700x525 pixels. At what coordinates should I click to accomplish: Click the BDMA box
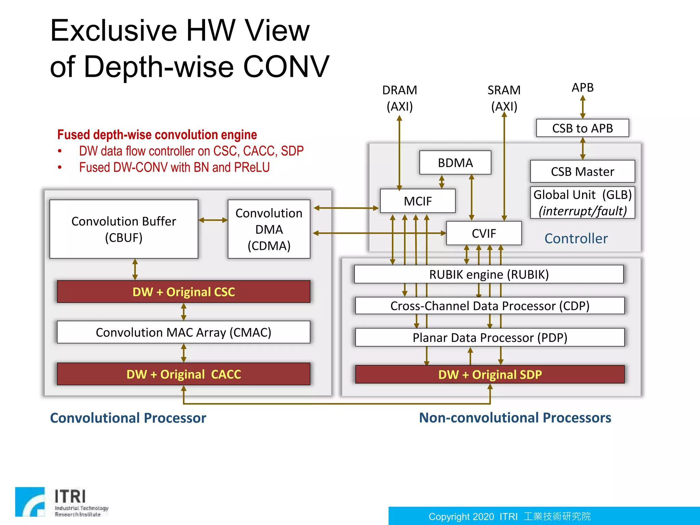[455, 163]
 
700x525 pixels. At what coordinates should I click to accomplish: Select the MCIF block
[417, 201]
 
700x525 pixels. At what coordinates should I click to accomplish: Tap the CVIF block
[484, 233]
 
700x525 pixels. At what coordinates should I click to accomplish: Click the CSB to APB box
[582, 128]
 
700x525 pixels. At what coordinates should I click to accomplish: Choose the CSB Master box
[582, 171]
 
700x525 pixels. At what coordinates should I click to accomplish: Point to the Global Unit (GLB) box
[582, 202]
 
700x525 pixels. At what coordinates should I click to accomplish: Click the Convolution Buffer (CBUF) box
[123, 229]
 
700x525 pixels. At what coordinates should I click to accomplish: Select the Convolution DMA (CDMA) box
[269, 229]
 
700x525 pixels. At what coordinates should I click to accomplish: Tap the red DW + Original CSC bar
[184, 292]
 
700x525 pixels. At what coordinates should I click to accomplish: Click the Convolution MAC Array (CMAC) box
[184, 332]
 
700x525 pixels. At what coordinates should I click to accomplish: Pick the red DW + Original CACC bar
[184, 374]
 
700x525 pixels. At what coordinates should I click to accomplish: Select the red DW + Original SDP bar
[489, 374]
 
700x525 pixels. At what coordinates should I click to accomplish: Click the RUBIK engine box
[489, 274]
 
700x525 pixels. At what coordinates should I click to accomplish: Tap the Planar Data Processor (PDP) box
[489, 337]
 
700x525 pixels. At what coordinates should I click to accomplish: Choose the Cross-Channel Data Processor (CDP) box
[489, 306]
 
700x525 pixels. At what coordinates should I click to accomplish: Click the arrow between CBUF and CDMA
[213, 220]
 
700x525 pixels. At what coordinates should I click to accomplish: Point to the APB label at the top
[582, 87]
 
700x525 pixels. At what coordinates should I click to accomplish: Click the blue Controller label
[576, 238]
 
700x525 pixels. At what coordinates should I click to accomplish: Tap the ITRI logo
[62, 502]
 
